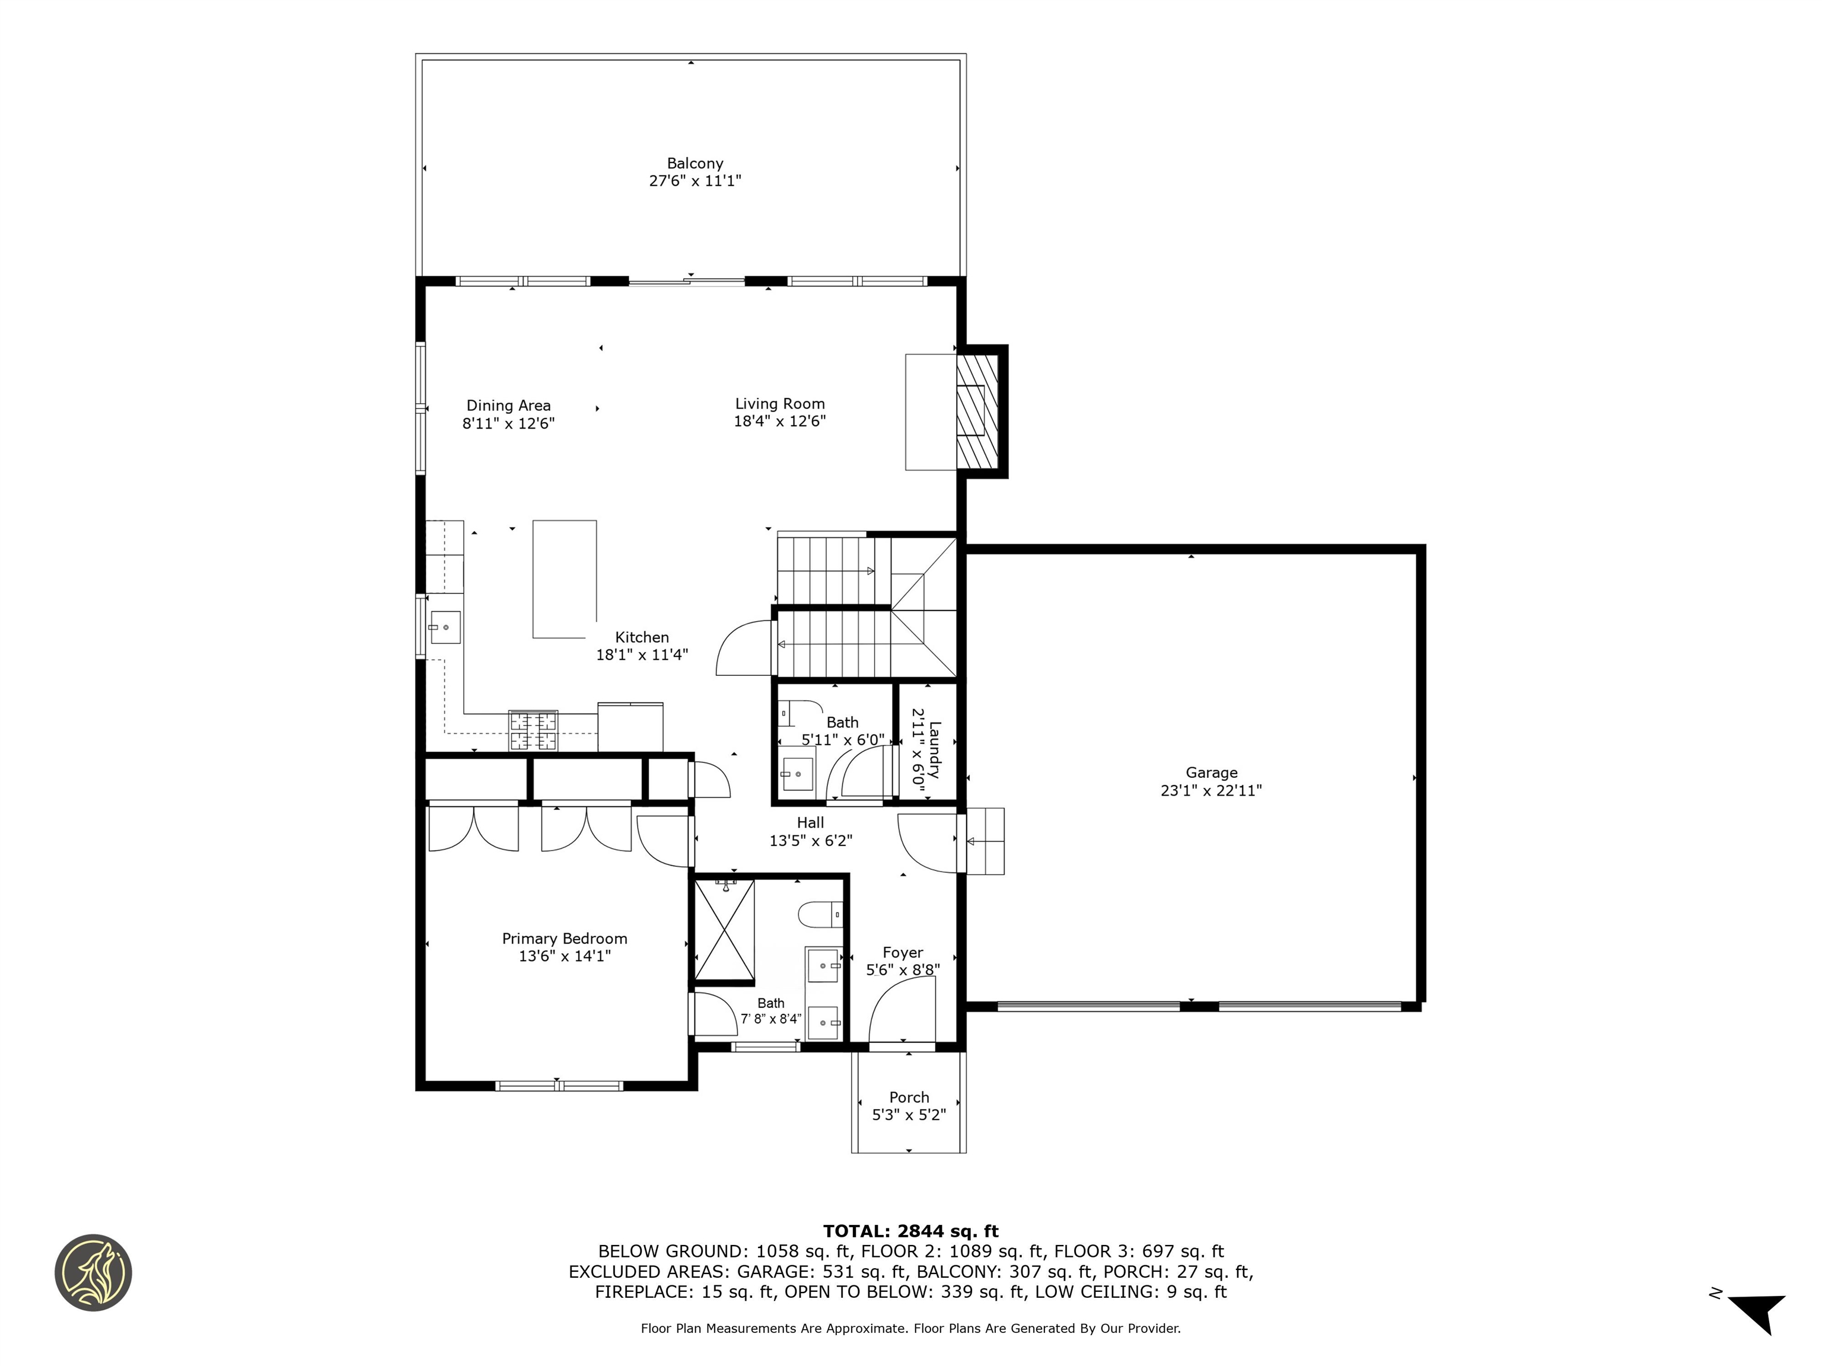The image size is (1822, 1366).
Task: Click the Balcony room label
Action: pos(695,163)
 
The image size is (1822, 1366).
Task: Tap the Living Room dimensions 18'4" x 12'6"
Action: pos(779,422)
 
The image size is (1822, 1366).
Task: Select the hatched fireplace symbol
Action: pos(977,410)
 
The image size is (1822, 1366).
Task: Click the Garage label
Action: pos(1211,773)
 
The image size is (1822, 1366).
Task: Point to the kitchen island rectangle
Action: pos(564,578)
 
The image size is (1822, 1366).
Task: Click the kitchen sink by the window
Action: pos(444,627)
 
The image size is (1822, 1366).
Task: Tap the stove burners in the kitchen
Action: pos(533,730)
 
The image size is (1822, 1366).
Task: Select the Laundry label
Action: pos(933,749)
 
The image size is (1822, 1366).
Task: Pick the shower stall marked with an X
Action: pos(724,932)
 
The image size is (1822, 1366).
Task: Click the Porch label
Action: pos(909,1097)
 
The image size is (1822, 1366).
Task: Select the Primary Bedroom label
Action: pos(564,938)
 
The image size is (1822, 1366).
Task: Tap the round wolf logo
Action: pos(93,1272)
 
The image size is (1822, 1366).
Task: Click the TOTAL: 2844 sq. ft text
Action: pos(910,1231)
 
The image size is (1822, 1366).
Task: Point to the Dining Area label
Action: pos(508,405)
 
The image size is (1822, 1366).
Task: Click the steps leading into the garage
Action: pos(985,841)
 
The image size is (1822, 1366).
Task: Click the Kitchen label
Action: pos(642,637)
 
